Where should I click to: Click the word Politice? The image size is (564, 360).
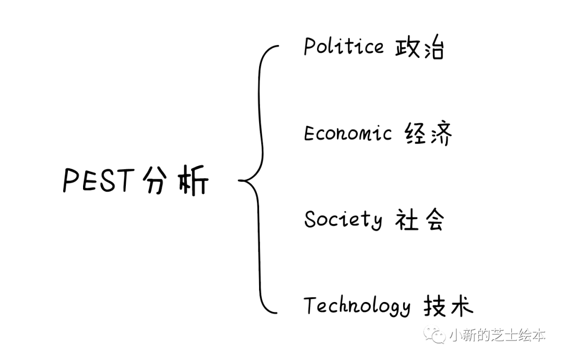[344, 47]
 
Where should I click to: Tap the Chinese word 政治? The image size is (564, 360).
[419, 49]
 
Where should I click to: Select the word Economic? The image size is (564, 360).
[347, 134]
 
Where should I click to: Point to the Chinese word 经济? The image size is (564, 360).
[428, 134]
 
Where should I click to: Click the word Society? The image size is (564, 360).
[343, 219]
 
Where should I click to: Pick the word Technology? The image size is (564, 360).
[357, 306]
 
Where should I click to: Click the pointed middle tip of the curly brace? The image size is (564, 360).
[240, 181]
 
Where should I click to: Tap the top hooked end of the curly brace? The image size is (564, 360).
[277, 47]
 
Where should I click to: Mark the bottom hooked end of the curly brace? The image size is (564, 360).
[277, 313]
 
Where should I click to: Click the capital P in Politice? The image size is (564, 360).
[310, 47]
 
